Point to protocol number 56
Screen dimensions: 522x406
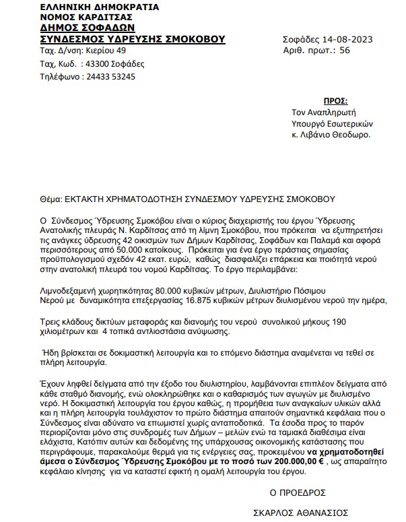(x=345, y=51)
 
